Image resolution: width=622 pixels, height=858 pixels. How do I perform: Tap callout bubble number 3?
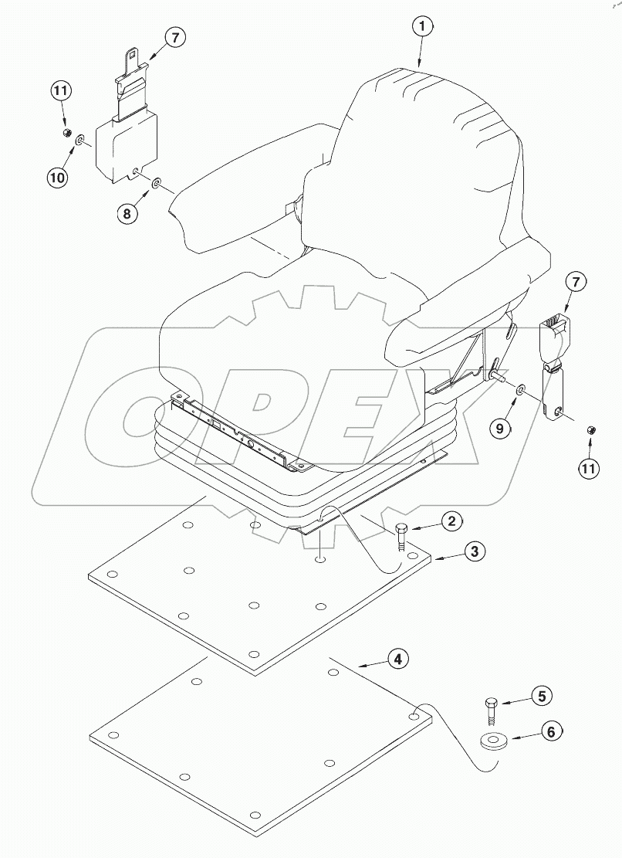click(475, 551)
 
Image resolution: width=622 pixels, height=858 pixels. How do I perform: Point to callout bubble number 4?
click(397, 659)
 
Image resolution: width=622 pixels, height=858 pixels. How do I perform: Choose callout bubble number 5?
click(541, 696)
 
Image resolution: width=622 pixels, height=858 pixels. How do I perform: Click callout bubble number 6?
click(550, 731)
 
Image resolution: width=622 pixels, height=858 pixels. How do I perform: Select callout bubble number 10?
click(58, 177)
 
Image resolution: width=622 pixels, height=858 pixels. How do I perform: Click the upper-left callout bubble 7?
click(174, 38)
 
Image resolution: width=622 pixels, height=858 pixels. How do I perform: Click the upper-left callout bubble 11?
click(62, 92)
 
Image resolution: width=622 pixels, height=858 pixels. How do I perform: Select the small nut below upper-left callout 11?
click(66, 134)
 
